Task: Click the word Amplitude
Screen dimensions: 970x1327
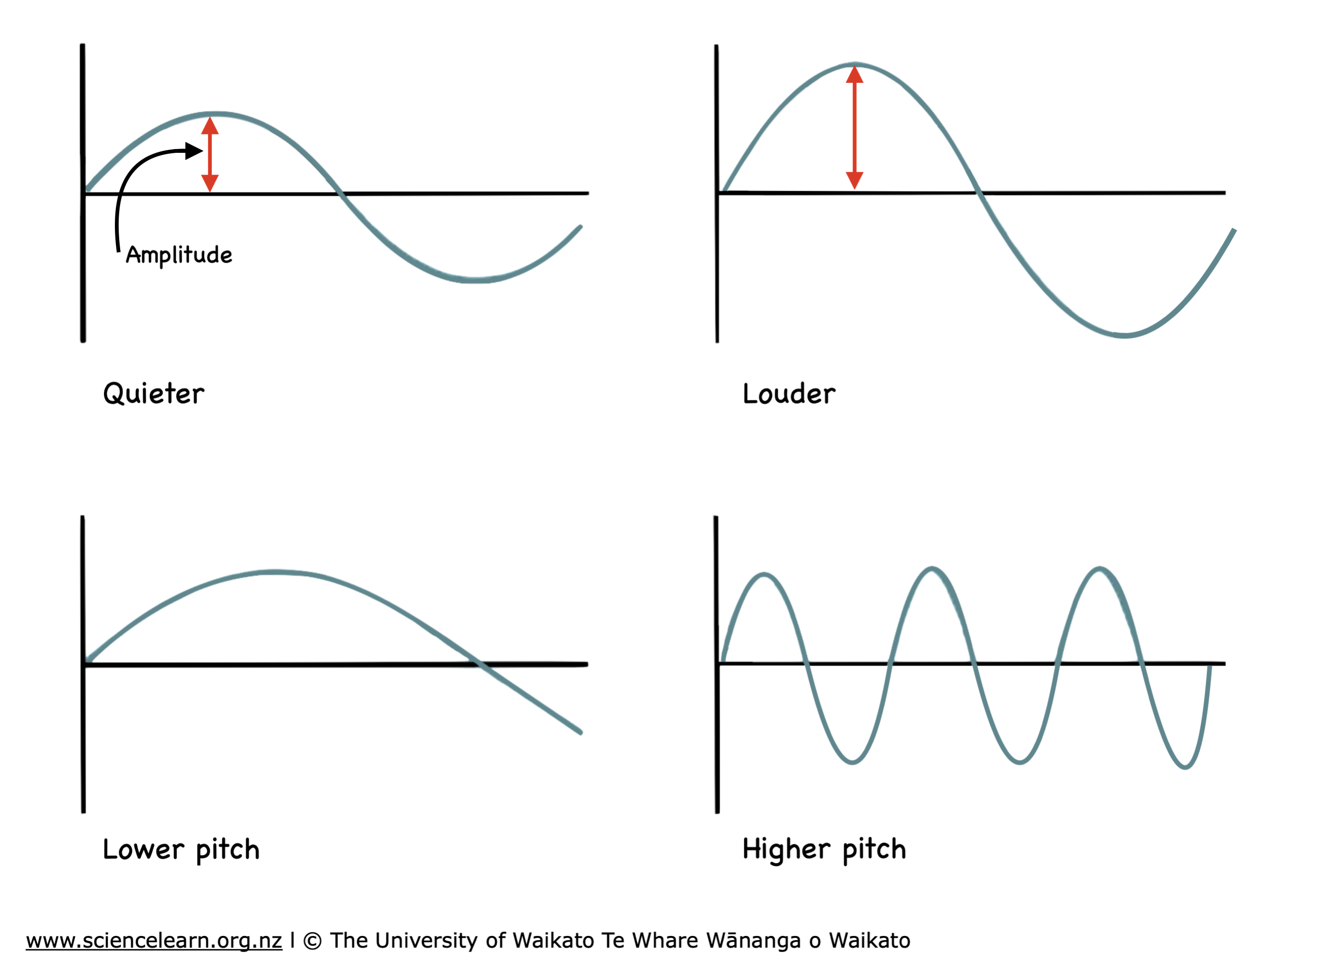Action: pyautogui.click(x=179, y=255)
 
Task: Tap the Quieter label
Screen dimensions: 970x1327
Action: pyautogui.click(x=154, y=393)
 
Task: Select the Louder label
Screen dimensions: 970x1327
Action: pyautogui.click(x=788, y=393)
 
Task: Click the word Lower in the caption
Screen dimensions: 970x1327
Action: pyautogui.click(x=143, y=850)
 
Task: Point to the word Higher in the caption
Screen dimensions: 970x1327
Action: pyautogui.click(x=786, y=850)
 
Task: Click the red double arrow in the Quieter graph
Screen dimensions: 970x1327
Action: pyautogui.click(x=210, y=154)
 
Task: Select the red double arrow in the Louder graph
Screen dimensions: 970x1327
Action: pyautogui.click(x=855, y=127)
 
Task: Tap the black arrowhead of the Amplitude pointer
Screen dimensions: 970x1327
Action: pyautogui.click(x=194, y=151)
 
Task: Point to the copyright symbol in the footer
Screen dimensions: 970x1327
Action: pyautogui.click(x=312, y=941)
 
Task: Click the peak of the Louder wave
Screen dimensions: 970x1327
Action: pyautogui.click(x=855, y=63)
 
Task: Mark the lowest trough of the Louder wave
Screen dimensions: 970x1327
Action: pyautogui.click(x=1124, y=336)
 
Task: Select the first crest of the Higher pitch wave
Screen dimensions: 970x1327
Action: pyautogui.click(x=764, y=574)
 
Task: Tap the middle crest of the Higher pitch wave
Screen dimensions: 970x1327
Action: pyautogui.click(x=932, y=568)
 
